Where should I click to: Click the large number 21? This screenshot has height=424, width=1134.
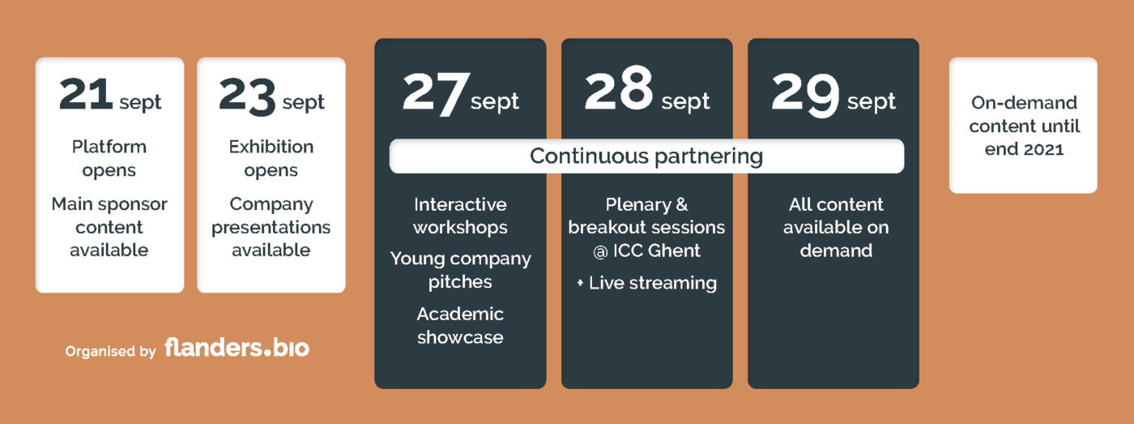point(86,94)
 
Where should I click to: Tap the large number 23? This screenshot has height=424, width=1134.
point(247,96)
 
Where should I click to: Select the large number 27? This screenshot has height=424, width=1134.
point(433,95)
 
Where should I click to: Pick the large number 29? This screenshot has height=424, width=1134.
point(805,95)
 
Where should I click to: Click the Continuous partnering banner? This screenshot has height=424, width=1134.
point(646,156)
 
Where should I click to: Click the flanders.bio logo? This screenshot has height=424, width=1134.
point(237,348)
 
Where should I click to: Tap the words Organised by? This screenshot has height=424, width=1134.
point(110,352)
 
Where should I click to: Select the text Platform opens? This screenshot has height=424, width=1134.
point(109,159)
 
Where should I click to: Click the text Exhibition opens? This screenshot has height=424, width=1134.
point(271,159)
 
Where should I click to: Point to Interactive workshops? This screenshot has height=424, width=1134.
point(460,216)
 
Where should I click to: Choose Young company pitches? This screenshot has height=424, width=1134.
point(460,270)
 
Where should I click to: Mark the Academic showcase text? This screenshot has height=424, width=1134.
point(460,326)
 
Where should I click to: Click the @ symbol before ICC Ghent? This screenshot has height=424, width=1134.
point(600,252)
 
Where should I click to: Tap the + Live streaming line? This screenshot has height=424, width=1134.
point(646,283)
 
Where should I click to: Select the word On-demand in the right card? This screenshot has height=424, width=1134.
point(1024,103)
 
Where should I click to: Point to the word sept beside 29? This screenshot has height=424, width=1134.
point(872,102)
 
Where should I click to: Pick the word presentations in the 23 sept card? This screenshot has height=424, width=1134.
point(271,228)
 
